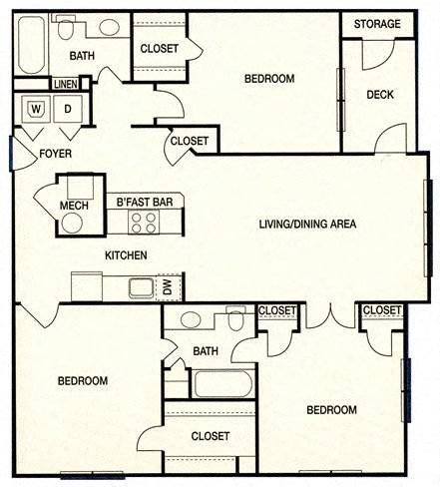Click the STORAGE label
[378, 24]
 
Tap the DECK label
[378, 94]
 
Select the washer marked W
[37, 109]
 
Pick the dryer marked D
[68, 109]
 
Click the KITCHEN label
[126, 255]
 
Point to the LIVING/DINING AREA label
[307, 223]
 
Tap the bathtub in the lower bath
[222, 384]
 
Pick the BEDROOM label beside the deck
[269, 79]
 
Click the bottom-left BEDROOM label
[82, 380]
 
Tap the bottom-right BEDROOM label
[331, 409]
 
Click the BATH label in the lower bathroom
[206, 351]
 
